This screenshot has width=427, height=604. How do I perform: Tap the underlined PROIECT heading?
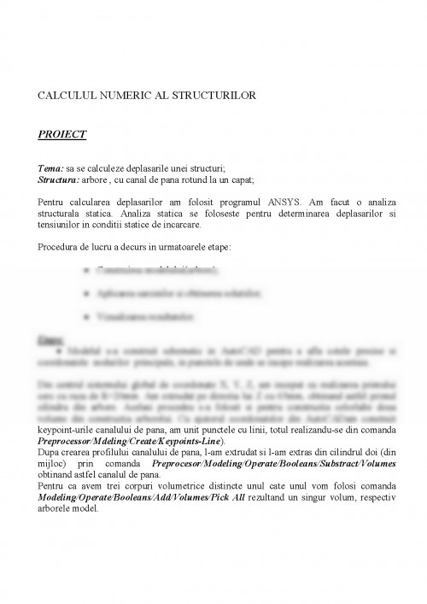[x=62, y=134]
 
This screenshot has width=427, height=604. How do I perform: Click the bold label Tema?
[x=50, y=169]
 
